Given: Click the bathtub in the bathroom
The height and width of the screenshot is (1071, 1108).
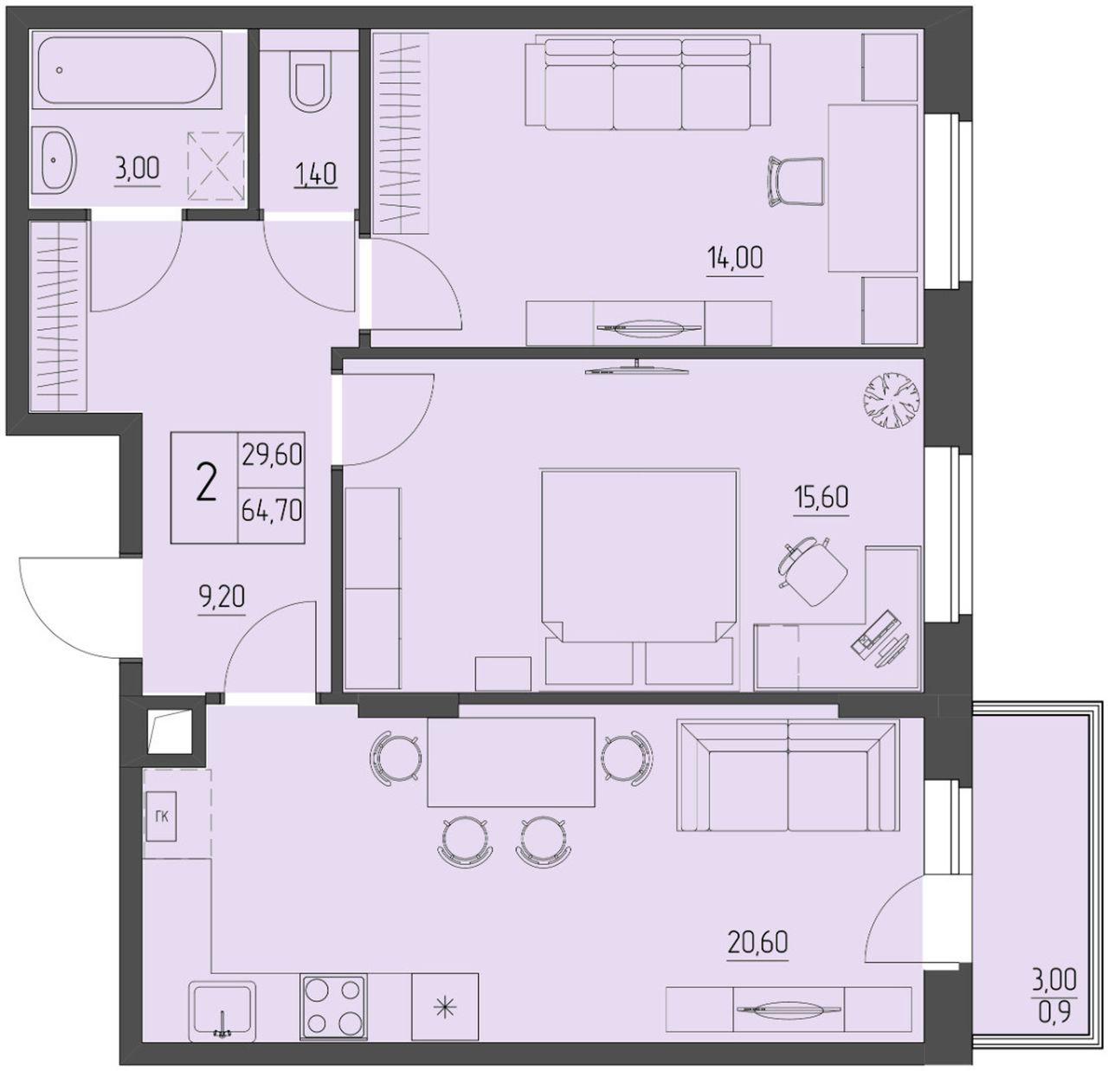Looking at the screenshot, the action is [x=126, y=70].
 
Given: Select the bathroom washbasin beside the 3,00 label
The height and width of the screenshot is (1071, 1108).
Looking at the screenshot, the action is [x=56, y=160].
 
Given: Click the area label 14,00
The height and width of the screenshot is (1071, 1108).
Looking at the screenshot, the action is [x=735, y=258].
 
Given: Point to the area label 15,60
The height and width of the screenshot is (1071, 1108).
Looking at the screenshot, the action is [x=821, y=497].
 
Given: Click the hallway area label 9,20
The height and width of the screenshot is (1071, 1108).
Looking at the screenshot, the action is [x=222, y=597].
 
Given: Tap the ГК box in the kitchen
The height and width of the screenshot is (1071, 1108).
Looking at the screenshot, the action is [x=161, y=816].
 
